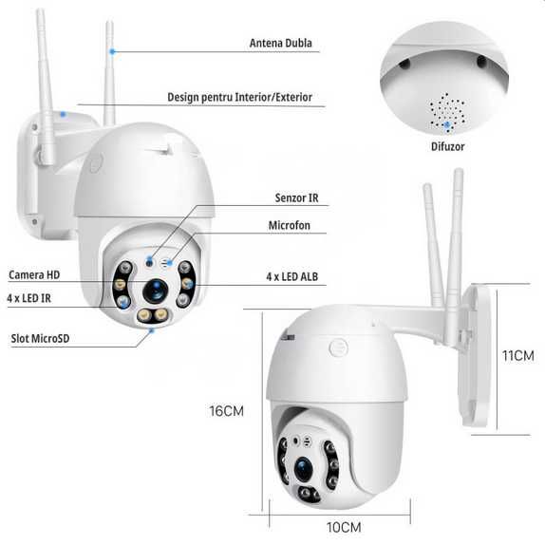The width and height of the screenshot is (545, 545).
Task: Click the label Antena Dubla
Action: (x=280, y=43)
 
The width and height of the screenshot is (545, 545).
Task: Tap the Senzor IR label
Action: (x=295, y=198)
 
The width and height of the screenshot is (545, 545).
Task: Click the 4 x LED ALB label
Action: (x=291, y=278)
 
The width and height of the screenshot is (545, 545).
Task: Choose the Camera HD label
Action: (x=34, y=275)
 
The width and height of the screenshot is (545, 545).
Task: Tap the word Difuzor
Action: (x=447, y=147)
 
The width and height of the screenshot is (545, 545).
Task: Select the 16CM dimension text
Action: (x=229, y=412)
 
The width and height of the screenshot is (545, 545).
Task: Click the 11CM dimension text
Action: (x=517, y=355)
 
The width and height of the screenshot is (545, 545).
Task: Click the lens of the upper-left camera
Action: (x=154, y=289)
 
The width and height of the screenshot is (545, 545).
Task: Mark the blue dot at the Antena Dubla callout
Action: (x=111, y=50)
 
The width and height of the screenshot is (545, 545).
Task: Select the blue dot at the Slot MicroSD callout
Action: (x=151, y=330)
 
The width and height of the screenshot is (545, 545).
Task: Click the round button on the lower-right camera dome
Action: (x=338, y=348)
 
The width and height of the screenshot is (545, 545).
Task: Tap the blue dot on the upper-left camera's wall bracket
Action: (x=64, y=113)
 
